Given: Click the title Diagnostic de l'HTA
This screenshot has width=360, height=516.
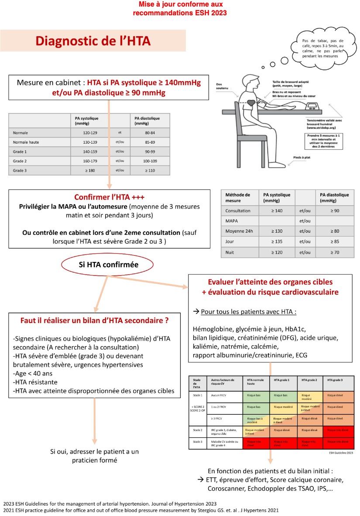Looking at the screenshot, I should click(93, 41).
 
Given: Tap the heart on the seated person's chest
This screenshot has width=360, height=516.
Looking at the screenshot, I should click(251, 104).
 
